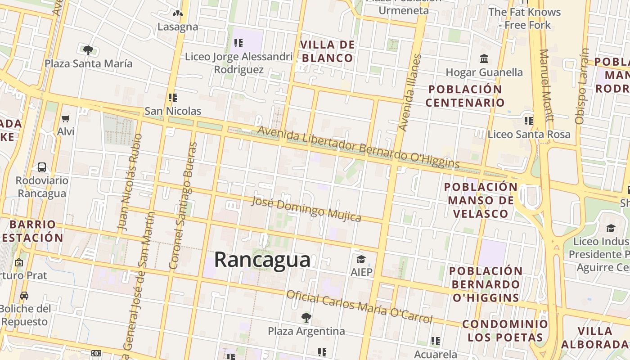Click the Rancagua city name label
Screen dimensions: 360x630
coord(262,260)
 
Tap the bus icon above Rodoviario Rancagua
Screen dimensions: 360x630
coord(42,167)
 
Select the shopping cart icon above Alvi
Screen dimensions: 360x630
coord(66,119)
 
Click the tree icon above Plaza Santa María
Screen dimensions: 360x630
coord(88,50)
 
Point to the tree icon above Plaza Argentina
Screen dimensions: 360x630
coord(306,318)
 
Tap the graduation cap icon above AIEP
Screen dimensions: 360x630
coord(361,259)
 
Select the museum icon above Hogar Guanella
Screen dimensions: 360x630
coord(484,59)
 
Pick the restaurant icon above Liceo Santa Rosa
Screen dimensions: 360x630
coord(528,121)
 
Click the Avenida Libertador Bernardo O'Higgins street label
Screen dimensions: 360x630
coord(358,147)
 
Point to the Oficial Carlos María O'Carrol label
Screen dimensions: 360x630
coord(359,307)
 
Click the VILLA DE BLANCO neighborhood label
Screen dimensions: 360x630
coord(328,51)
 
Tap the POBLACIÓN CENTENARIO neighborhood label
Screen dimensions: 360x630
coord(465,96)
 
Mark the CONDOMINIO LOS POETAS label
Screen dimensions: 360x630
coord(505,331)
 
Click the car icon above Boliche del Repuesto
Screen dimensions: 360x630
coord(24,296)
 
